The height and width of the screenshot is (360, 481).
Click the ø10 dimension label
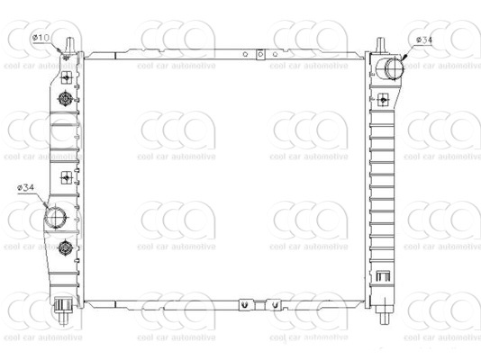(41, 38)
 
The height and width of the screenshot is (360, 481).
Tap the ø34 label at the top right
(424, 40)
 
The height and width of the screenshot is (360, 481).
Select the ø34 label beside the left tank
(25, 187)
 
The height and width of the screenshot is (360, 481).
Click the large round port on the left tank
(57, 217)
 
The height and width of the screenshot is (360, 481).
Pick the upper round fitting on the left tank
(66, 98)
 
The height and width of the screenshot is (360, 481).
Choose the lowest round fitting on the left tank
(65, 247)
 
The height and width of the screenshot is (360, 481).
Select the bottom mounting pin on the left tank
(63, 310)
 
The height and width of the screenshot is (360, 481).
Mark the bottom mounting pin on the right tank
(386, 310)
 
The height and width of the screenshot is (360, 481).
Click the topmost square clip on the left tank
(67, 78)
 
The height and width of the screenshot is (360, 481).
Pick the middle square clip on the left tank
(67, 177)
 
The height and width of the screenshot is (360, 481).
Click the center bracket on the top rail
(259, 56)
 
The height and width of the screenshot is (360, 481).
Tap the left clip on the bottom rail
(243, 305)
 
